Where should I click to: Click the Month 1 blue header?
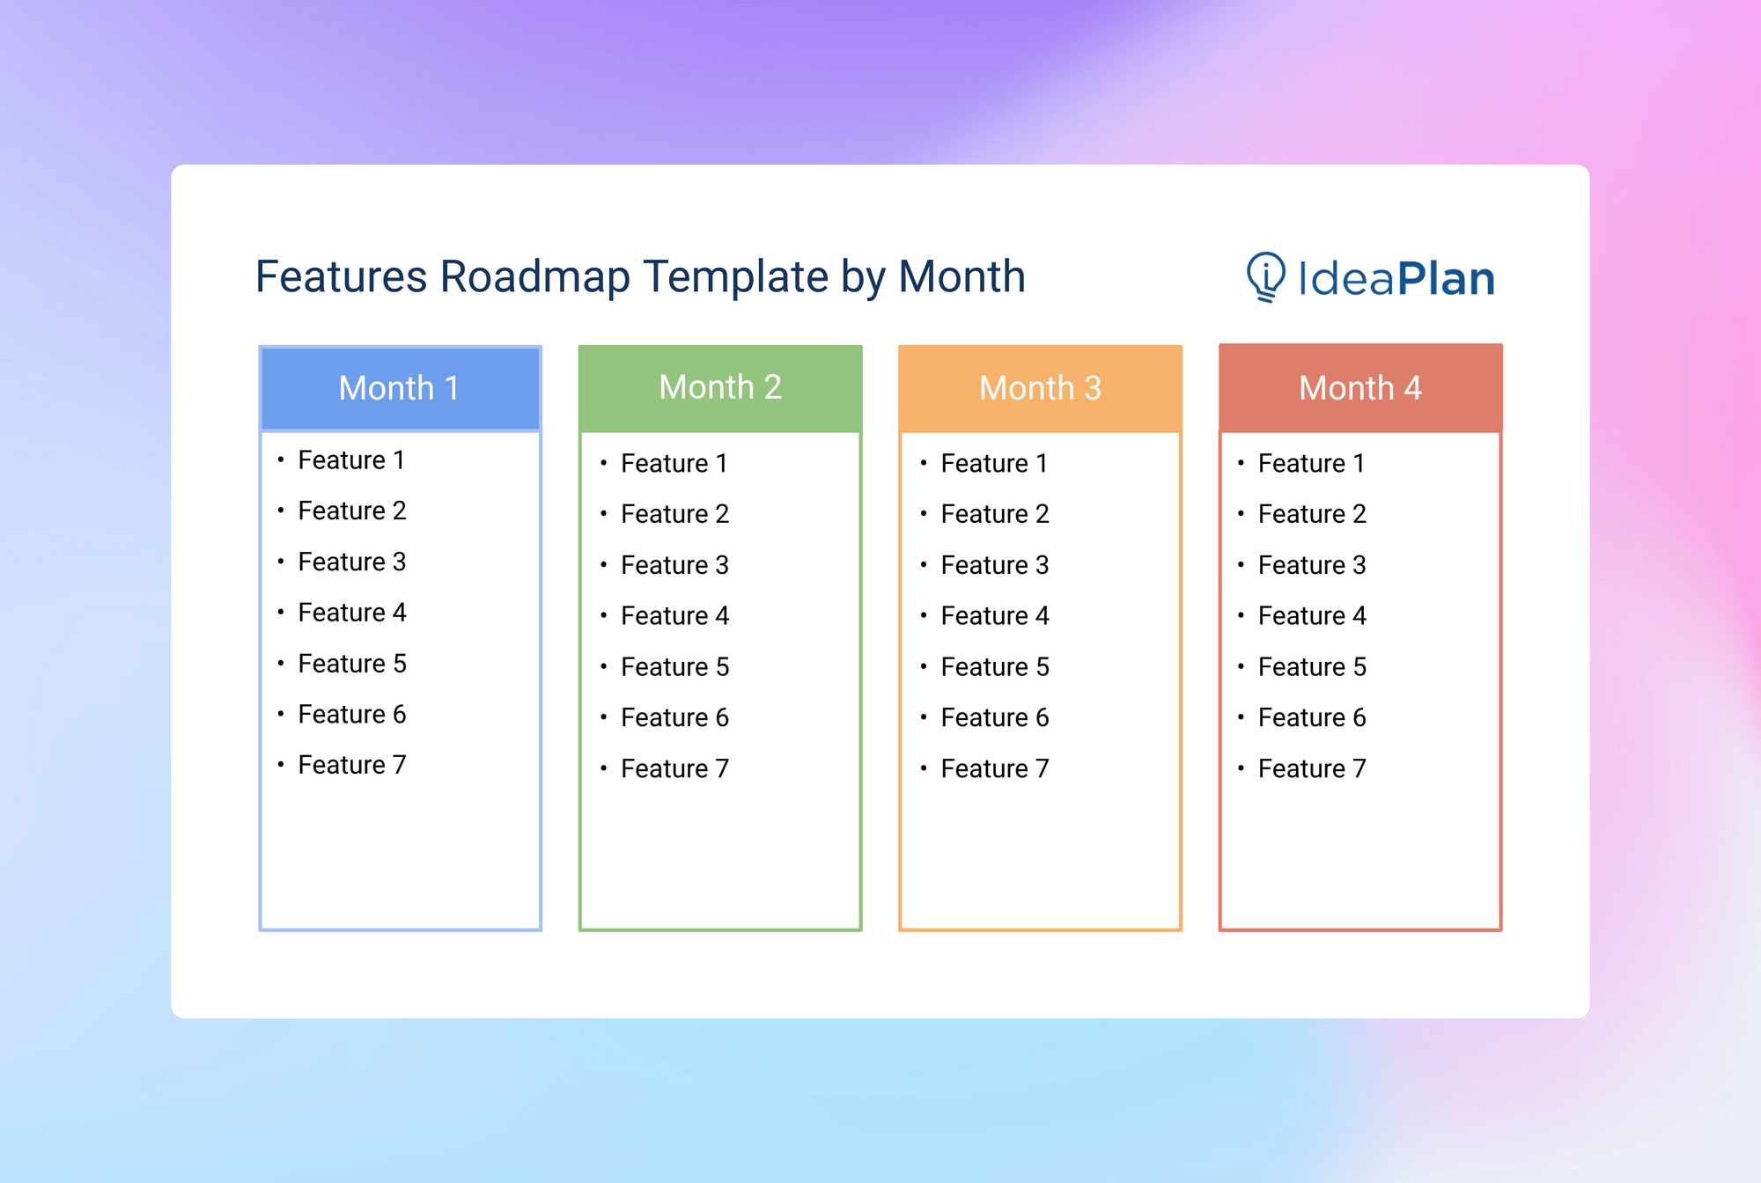point(400,388)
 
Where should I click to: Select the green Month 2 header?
point(720,387)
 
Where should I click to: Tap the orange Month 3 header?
point(1040,388)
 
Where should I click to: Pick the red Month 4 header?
point(1360,388)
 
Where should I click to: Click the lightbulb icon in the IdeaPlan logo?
point(1266,276)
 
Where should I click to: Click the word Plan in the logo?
point(1446,279)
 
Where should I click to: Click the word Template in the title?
point(736,277)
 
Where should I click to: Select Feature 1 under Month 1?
point(351,460)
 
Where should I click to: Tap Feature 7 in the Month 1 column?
point(351,765)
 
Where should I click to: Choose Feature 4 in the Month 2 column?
point(674,616)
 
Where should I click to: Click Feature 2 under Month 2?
point(674,514)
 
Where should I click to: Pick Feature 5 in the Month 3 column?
point(995,667)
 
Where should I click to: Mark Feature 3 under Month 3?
point(995,565)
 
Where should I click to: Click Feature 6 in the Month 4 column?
point(1312,718)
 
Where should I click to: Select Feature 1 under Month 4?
point(1312,464)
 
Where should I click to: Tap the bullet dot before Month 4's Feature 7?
point(1241,768)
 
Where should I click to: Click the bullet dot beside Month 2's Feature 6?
point(604,717)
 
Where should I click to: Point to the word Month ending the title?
point(962,277)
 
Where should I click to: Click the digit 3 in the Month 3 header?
point(1093,388)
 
